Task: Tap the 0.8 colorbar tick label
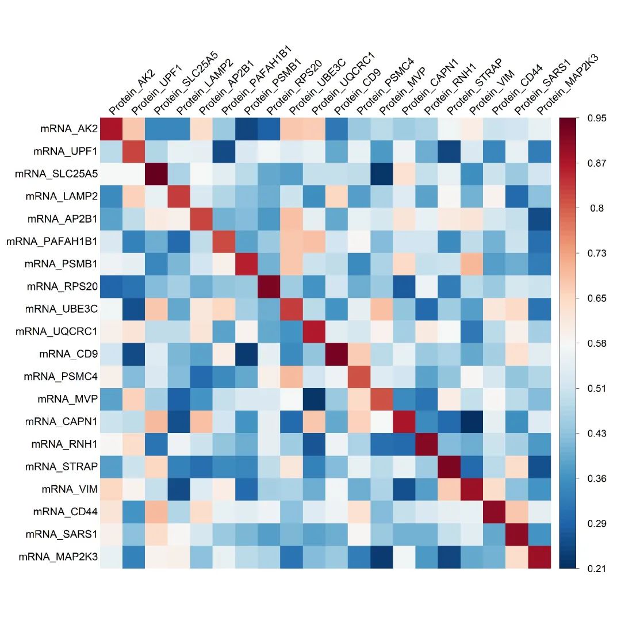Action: (596, 208)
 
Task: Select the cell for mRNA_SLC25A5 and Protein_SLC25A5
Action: (156, 174)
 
